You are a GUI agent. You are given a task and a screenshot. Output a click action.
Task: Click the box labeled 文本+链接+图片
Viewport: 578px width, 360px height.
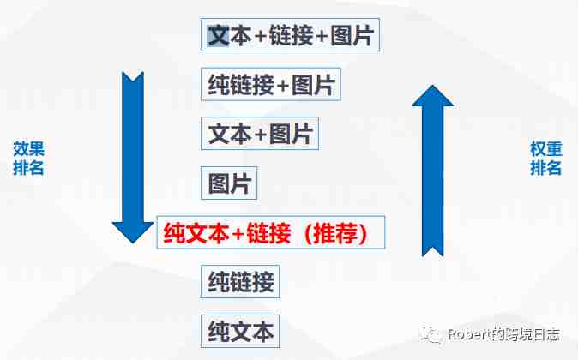coord(290,34)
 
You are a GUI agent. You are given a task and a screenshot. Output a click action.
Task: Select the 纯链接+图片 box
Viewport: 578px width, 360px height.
coord(271,84)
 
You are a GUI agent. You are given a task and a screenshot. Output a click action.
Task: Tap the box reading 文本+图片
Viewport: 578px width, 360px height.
coord(260,134)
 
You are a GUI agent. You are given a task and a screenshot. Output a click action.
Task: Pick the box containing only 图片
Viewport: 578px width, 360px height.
coord(229,183)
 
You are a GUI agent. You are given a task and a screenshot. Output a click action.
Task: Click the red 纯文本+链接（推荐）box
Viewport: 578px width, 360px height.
coord(271,232)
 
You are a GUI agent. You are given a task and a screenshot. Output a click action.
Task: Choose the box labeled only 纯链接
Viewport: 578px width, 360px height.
coord(240,281)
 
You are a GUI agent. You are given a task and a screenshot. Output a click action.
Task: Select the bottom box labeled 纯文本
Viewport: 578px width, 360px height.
coord(240,331)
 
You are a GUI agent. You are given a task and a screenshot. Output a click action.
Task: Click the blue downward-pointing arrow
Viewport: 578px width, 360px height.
coord(133,158)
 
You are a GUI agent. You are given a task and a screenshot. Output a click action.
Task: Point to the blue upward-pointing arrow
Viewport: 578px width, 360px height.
coord(432,171)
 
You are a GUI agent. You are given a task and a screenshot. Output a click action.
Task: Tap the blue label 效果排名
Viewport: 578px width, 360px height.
coord(29,159)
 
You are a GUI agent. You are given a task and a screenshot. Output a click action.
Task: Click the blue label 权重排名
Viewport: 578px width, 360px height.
coord(546,159)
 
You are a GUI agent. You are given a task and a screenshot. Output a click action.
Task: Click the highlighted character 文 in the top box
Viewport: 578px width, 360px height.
coord(218,35)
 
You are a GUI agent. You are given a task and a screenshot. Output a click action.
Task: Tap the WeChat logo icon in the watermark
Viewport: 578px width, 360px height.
coord(431,335)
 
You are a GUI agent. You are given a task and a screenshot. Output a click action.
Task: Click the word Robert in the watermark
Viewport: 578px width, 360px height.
coord(470,334)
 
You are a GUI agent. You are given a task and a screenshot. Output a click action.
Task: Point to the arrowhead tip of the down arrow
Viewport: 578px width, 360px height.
coord(133,243)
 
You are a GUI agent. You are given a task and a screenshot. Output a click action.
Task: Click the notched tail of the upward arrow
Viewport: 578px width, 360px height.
coord(432,250)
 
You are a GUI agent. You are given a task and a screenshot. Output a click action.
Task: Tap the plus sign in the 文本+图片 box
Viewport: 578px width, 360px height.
coord(260,135)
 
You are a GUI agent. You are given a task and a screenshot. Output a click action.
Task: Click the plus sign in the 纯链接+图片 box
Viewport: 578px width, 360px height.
coord(282,86)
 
